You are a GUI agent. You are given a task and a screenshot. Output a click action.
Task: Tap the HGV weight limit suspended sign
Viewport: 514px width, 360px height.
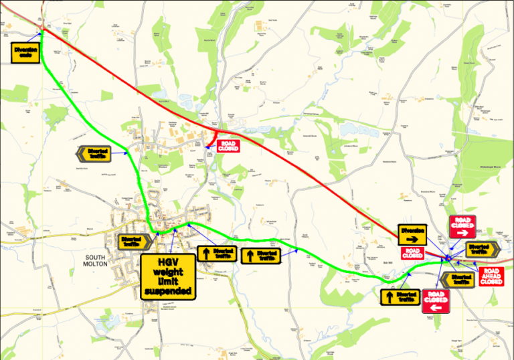pyautogui.click(x=167, y=276)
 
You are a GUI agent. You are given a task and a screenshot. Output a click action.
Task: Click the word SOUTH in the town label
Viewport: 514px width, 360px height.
pyautogui.click(x=96, y=257)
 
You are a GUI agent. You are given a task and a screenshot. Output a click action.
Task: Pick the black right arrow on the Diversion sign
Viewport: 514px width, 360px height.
pyautogui.click(x=413, y=238)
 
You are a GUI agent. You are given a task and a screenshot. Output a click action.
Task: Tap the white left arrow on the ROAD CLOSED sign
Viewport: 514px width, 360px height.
pyautogui.click(x=436, y=308)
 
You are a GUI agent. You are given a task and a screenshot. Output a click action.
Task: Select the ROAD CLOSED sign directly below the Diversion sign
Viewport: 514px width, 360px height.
pyautogui.click(x=412, y=254)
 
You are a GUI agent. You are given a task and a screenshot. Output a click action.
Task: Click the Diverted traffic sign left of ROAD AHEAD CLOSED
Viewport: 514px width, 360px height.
pyautogui.click(x=458, y=279)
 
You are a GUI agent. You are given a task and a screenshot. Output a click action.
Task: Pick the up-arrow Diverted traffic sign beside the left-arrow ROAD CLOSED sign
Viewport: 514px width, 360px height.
pyautogui.click(x=400, y=296)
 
